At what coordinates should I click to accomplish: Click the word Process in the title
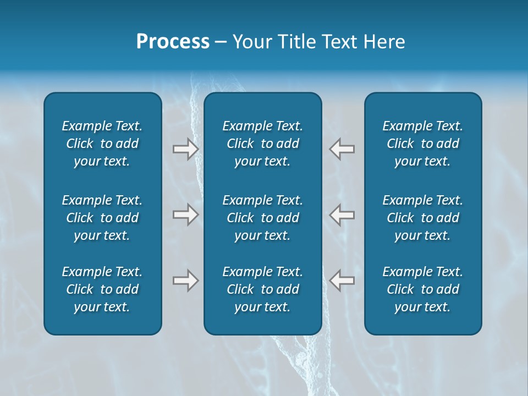[x=173, y=42]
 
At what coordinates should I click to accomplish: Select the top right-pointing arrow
[x=185, y=149]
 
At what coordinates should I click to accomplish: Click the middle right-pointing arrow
[x=185, y=215]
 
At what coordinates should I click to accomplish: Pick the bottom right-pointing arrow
[x=185, y=281]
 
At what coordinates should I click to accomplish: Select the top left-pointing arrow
[x=342, y=149]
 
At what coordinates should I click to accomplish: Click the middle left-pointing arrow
[x=342, y=215]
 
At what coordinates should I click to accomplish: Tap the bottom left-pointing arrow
[x=342, y=281]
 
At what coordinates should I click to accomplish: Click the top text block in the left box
[x=102, y=144]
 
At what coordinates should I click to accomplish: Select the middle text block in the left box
[x=102, y=218]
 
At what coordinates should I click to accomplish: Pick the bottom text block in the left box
[x=102, y=289]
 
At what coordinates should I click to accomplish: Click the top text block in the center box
[x=262, y=144]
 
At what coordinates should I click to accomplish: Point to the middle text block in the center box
[x=262, y=218]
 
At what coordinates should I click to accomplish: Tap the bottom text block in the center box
[x=262, y=289]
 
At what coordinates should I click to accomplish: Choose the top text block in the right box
[x=422, y=144]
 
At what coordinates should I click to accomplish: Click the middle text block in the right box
[x=422, y=218]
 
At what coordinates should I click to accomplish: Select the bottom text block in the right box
[x=422, y=289]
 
